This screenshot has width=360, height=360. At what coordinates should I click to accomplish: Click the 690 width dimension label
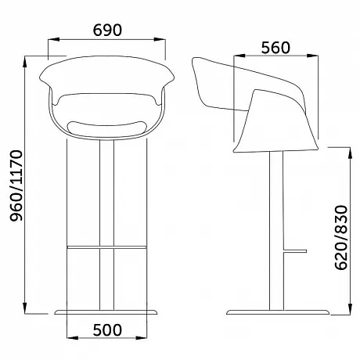coord(107,30)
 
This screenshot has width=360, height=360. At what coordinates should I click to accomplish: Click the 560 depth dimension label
coord(275,48)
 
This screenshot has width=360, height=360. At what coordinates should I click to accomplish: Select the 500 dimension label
coord(107,329)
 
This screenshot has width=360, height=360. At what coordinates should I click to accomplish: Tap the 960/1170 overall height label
coord(16,185)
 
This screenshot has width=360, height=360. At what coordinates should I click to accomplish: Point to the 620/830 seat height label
coord(341,238)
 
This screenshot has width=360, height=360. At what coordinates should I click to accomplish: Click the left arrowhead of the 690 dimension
coord(54,39)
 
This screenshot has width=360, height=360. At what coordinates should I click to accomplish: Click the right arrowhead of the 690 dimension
coord(160,39)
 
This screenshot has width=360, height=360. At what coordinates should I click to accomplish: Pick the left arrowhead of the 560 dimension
coord(239,56)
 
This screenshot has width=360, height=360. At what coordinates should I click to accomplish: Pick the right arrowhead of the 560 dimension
coord(312,56)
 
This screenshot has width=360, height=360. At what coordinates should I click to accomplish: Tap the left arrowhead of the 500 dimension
coord(73,338)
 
